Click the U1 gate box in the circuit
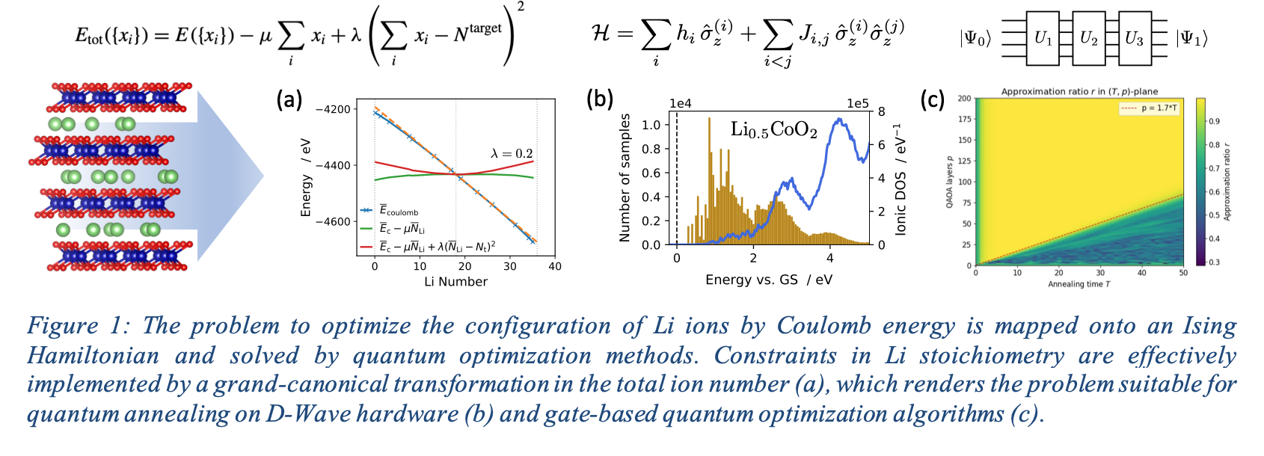[1043, 38]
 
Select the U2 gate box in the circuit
[1088, 38]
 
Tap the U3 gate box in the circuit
[1134, 38]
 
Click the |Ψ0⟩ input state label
[975, 39]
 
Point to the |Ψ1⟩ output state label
[1191, 39]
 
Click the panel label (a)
[289, 99]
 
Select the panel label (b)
[600, 99]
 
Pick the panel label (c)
[932, 99]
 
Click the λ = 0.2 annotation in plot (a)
[512, 153]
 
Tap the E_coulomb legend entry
[390, 211]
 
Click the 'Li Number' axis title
[455, 281]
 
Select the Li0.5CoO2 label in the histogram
[773, 130]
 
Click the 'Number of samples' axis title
[625, 178]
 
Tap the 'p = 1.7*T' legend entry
[1150, 108]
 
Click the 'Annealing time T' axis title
[1079, 284]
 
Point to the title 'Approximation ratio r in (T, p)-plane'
[1079, 91]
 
